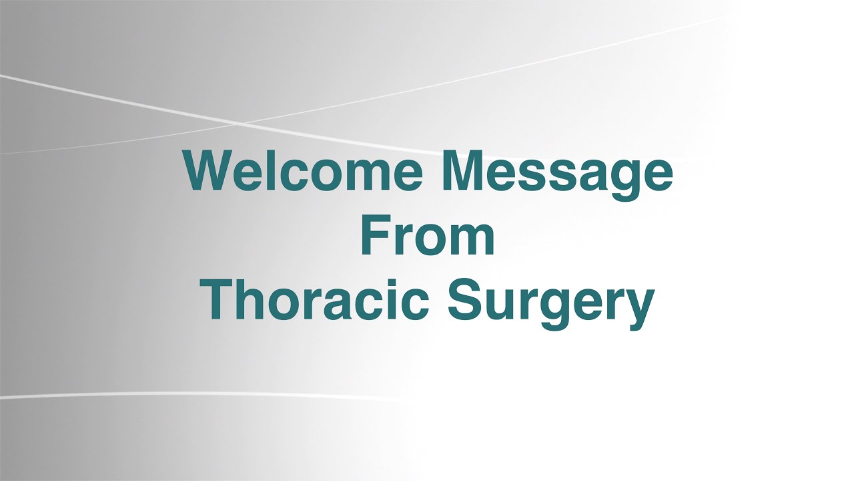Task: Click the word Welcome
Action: point(304,170)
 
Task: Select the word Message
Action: point(557,176)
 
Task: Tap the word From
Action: point(428,234)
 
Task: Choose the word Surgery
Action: point(551,304)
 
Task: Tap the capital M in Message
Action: point(460,170)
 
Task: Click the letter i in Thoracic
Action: point(392,299)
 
